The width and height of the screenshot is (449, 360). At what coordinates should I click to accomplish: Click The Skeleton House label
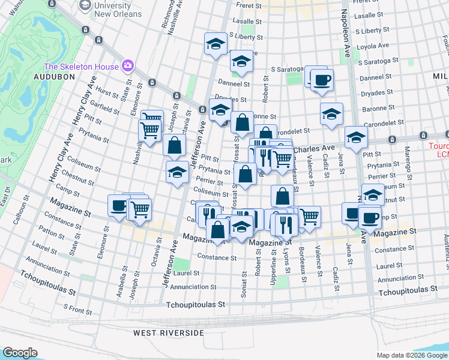[x=82, y=67]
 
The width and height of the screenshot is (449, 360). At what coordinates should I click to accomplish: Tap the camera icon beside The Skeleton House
[x=127, y=65]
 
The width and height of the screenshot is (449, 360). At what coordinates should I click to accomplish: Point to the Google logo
[x=20, y=353]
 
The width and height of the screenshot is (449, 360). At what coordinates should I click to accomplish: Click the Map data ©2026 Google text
[x=412, y=355]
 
